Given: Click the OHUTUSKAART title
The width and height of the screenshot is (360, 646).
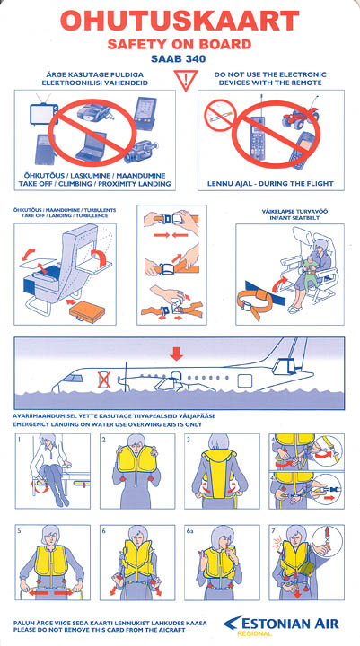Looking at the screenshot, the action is click(180, 21).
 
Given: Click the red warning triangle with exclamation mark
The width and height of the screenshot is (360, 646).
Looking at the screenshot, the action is click(185, 80).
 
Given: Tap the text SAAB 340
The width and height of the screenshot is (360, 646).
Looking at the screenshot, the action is click(178, 59).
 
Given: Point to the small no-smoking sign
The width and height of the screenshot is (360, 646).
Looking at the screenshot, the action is click(220, 116).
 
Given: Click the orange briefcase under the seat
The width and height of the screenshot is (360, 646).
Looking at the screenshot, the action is click(87, 312).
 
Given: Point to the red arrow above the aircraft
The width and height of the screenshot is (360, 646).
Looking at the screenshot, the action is click(177, 354).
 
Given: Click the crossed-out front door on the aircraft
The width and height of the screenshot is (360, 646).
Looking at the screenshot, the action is click(103, 380).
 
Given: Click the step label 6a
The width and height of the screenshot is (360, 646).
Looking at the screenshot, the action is click(189, 531).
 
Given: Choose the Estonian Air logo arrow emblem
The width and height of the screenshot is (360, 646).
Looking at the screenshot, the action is click(233, 623).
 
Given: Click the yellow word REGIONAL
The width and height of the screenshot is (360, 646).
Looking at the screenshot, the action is click(254, 633).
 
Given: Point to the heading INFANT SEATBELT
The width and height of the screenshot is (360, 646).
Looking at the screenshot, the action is click(289, 218).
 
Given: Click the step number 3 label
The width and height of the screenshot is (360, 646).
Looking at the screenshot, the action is click(188, 440).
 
